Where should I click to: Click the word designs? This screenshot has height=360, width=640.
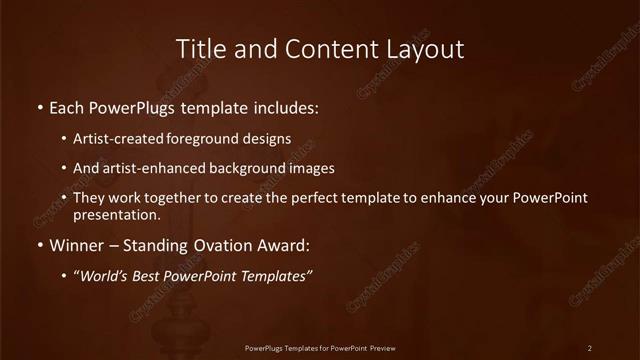click(x=269, y=139)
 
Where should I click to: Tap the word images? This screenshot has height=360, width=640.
click(x=312, y=168)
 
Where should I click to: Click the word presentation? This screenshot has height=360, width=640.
click(x=116, y=215)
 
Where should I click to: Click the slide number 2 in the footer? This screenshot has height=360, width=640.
click(x=590, y=347)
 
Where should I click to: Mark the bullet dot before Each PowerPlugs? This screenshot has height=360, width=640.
click(x=39, y=105)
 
